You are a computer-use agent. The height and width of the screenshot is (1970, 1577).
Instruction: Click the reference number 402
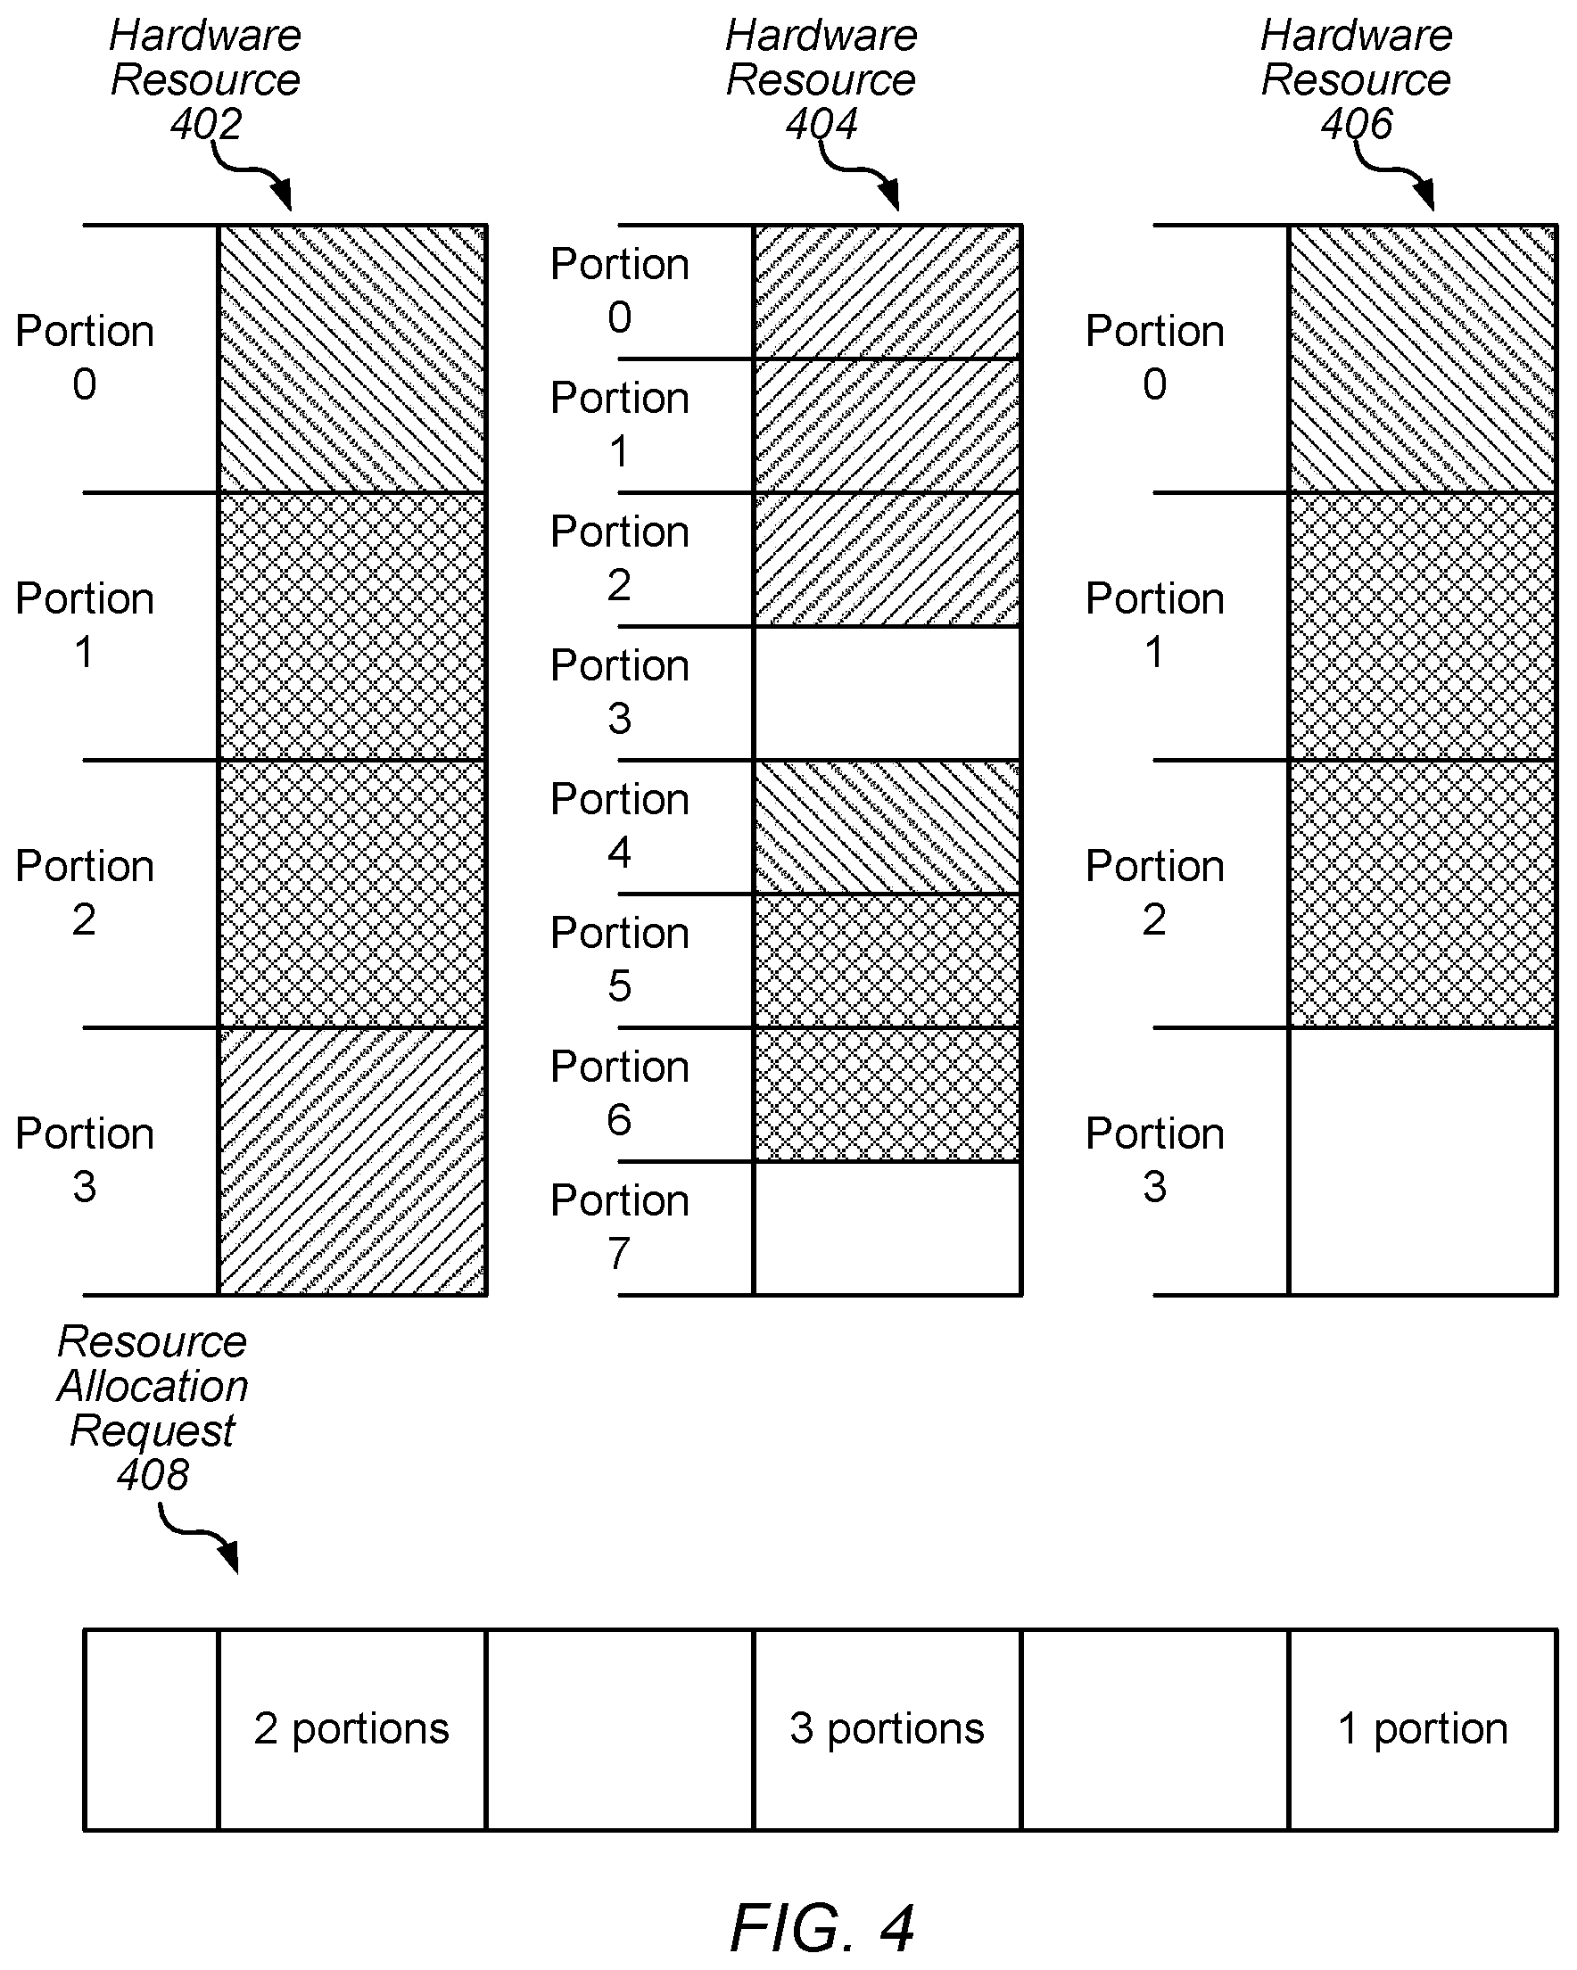(x=205, y=123)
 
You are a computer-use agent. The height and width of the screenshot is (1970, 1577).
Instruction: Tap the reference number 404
(x=822, y=123)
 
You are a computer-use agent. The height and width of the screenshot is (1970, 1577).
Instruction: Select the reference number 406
(x=1357, y=123)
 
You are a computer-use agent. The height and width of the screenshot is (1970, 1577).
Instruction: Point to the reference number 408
(x=153, y=1474)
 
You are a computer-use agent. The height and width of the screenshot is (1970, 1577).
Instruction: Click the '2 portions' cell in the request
(x=351, y=1729)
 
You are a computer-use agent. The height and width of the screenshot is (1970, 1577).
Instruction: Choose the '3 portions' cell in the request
(x=888, y=1729)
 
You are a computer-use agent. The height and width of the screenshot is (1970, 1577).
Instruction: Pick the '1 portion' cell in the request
(x=1423, y=1729)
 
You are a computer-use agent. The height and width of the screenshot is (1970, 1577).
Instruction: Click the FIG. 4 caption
(x=822, y=1928)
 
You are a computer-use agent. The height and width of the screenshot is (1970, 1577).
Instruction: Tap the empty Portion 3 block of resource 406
(x=1423, y=1161)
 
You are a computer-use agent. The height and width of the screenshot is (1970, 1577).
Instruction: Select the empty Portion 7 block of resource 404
(x=888, y=1228)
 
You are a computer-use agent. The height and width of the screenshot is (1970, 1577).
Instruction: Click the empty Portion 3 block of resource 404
(x=888, y=694)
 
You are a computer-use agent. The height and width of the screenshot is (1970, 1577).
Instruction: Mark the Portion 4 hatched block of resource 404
(x=888, y=827)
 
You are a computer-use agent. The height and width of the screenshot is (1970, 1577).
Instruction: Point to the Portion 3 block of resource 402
(x=351, y=1161)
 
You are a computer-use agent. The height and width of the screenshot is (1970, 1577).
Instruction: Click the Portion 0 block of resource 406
(x=1423, y=359)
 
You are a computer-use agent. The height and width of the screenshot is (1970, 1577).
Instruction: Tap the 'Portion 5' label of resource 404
(x=619, y=960)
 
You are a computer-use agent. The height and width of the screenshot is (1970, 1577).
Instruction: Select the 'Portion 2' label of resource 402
(x=84, y=893)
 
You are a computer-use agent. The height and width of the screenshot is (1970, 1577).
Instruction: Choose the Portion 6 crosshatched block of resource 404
(x=888, y=1094)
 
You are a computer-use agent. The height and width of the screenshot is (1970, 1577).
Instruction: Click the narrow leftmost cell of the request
(x=152, y=1729)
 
